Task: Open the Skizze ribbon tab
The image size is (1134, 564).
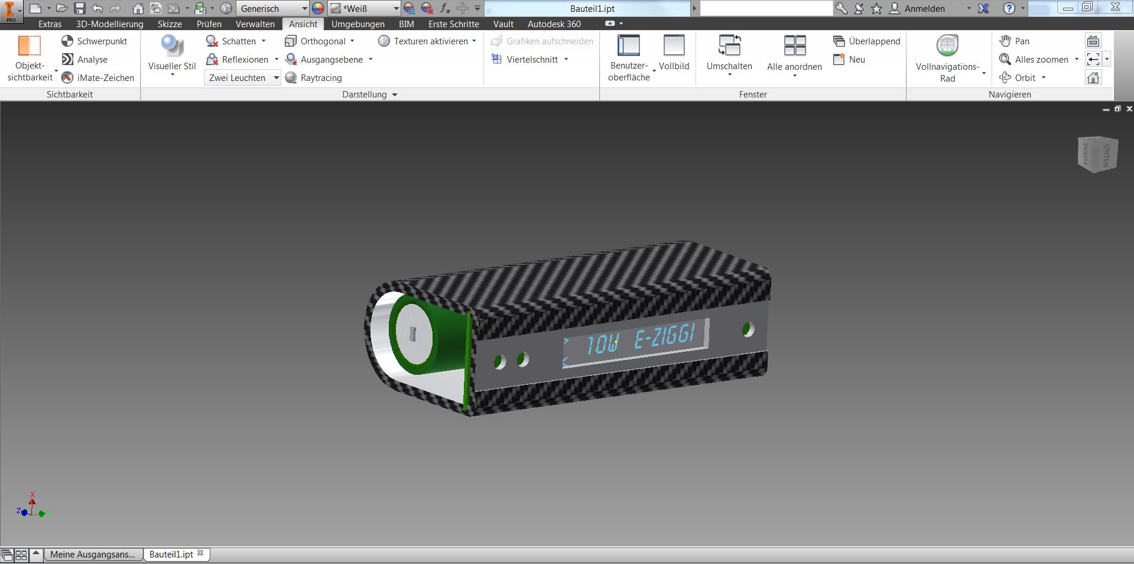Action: (170, 24)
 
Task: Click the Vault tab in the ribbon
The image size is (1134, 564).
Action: (503, 24)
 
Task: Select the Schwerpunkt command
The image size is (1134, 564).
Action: (95, 41)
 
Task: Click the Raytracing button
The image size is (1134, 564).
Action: (314, 78)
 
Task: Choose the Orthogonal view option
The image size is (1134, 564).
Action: (319, 41)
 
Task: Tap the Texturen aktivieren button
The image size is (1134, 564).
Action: (427, 41)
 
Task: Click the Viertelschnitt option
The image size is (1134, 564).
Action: (529, 60)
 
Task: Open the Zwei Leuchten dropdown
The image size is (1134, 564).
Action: (242, 78)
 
